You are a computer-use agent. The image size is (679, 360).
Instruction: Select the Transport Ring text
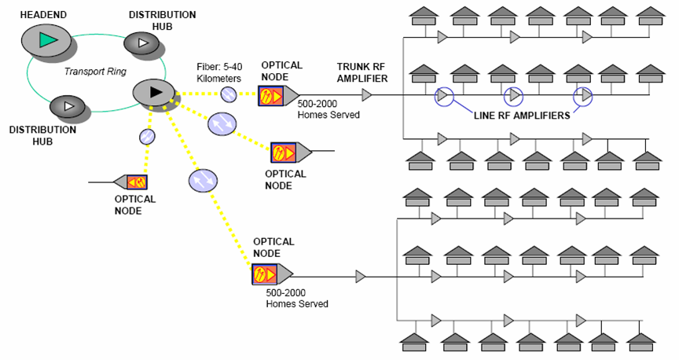(85, 72)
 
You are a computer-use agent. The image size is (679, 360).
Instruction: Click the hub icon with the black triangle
(154, 92)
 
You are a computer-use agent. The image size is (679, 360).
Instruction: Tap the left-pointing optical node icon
(131, 182)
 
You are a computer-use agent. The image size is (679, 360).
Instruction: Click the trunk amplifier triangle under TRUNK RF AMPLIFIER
(366, 96)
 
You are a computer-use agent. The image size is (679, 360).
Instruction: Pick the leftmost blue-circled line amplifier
(443, 96)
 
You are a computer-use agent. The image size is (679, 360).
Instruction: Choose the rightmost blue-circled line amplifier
(584, 96)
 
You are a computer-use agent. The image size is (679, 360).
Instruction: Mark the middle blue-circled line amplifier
(513, 96)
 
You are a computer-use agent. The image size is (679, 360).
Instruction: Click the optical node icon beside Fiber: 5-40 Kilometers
(277, 96)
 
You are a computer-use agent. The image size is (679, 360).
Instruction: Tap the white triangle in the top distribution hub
(142, 42)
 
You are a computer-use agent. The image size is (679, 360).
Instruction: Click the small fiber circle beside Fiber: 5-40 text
(228, 95)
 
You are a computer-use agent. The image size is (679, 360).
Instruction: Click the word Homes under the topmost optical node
(314, 115)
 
